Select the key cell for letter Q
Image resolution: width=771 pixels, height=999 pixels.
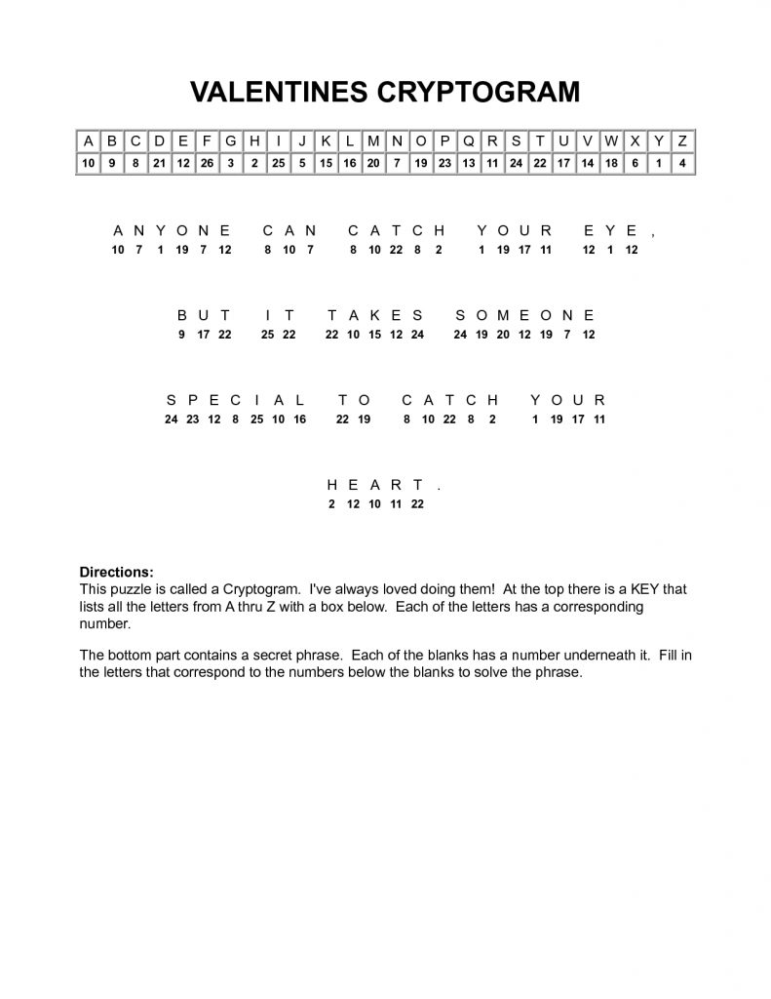468,140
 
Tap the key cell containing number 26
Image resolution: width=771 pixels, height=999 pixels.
206,163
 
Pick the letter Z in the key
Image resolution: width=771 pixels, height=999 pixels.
682,140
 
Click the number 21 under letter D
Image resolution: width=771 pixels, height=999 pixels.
158,163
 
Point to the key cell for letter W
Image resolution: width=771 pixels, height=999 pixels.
611,140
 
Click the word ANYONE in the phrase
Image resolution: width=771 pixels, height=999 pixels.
172,231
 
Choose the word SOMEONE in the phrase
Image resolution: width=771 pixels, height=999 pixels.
524,315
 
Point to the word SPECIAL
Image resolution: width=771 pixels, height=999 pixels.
236,400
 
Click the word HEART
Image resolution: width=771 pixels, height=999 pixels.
375,485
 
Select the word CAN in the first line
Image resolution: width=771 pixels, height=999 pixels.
289,231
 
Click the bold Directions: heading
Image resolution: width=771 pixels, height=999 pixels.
116,571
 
